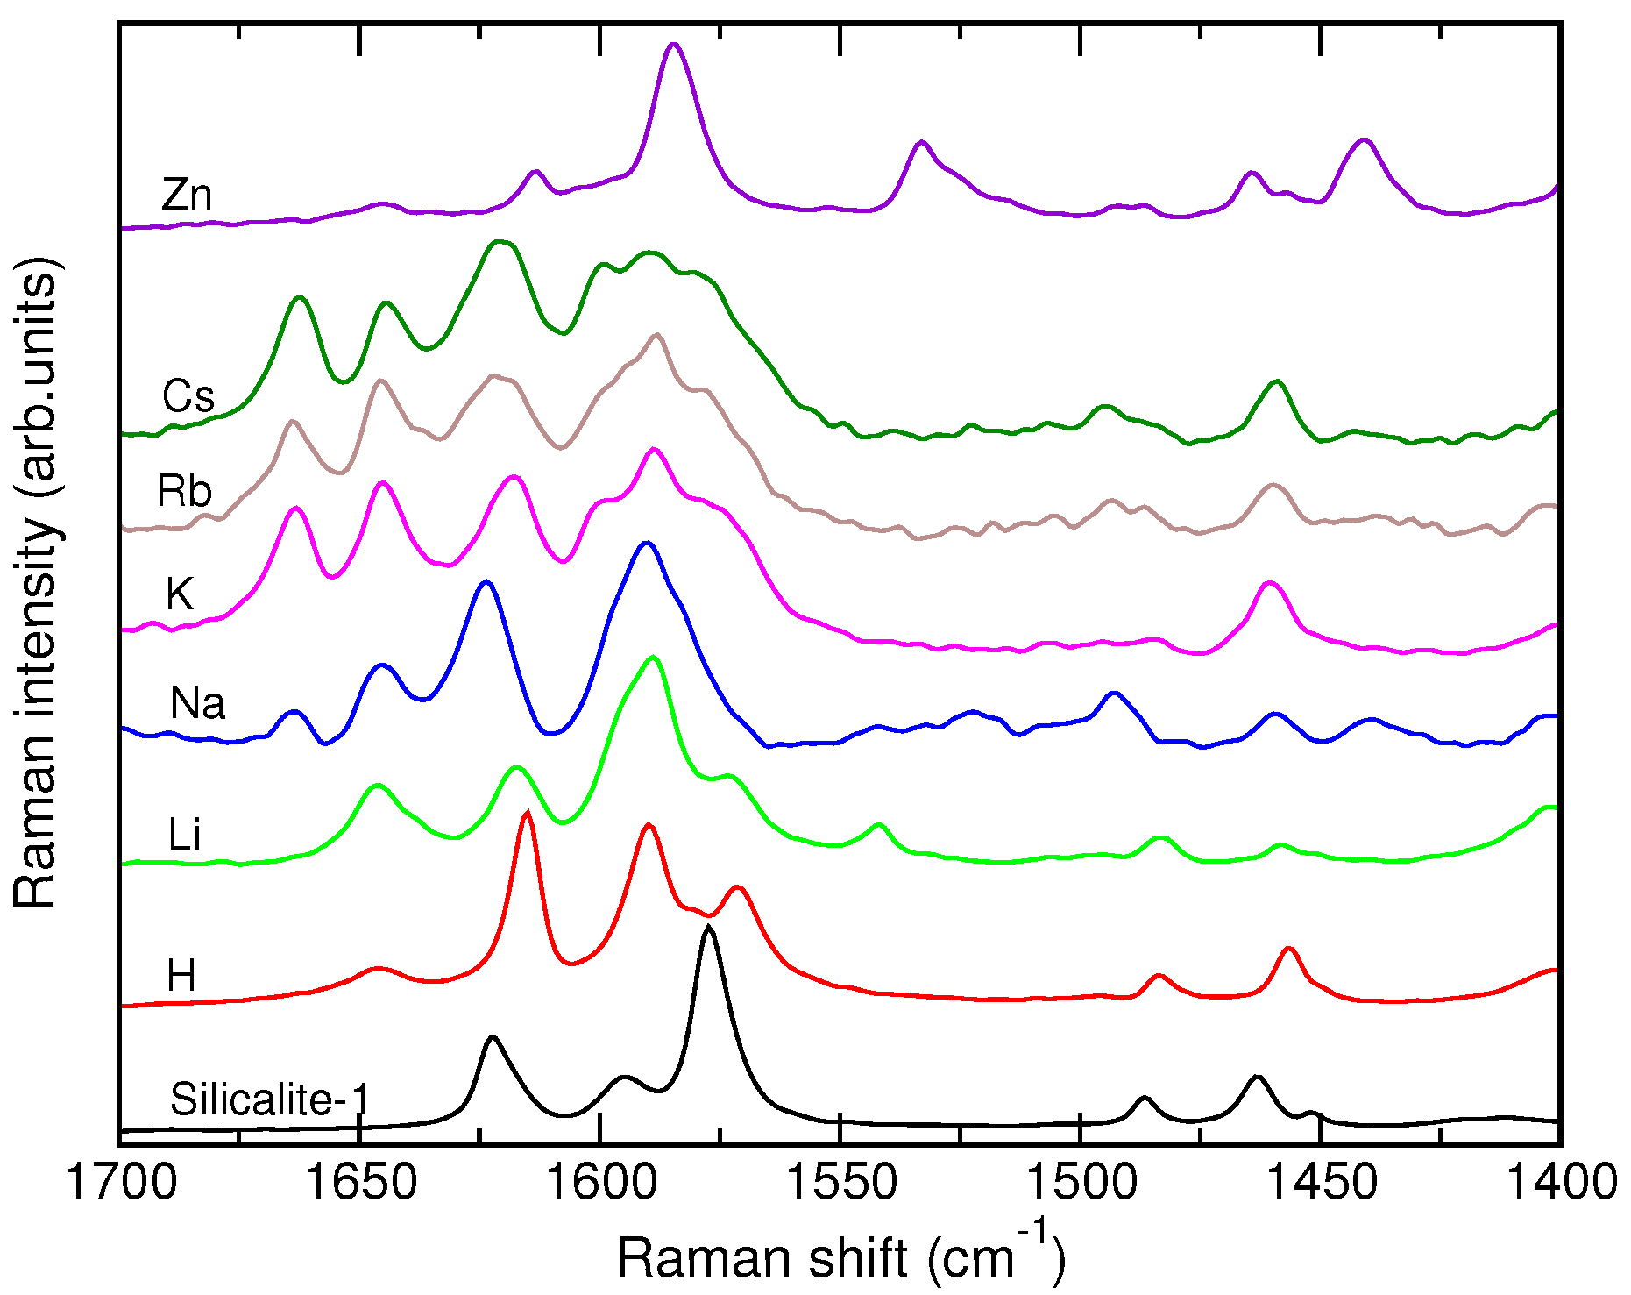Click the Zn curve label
pos(187,195)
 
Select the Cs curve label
pos(188,396)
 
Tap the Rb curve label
pos(185,491)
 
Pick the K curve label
pos(180,594)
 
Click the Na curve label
pos(197,703)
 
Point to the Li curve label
pos(185,835)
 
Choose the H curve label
pos(181,976)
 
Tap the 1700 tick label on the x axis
pos(121,1183)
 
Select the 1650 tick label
pos(360,1183)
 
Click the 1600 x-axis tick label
pos(600,1183)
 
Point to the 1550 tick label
pos(840,1183)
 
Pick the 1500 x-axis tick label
pos(1081,1183)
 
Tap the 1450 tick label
pos(1321,1183)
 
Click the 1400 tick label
pos(1560,1183)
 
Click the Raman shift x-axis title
pos(840,1256)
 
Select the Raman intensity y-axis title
pos(37,583)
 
